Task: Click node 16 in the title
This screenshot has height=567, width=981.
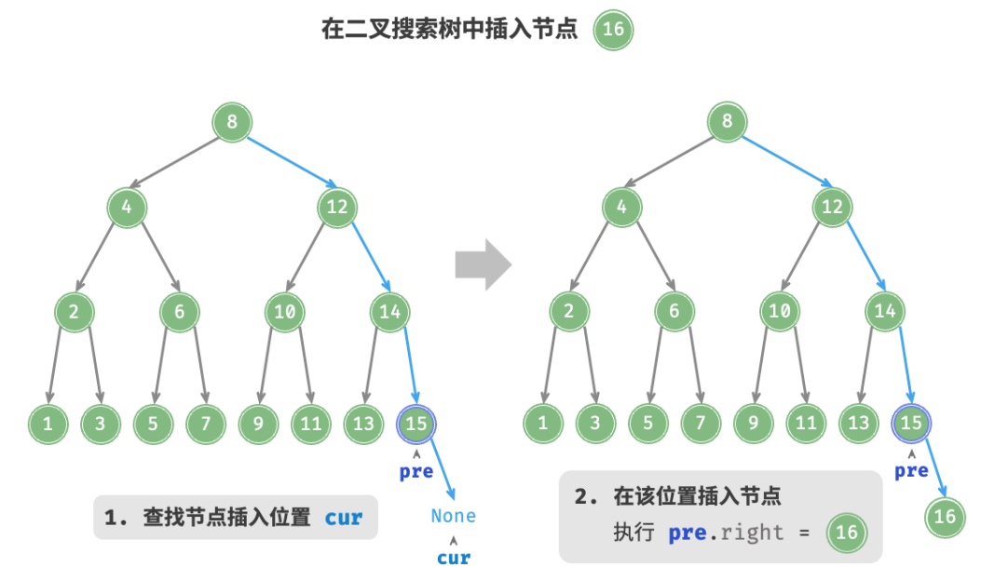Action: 613,30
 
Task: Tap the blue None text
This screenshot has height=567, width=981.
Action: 453,516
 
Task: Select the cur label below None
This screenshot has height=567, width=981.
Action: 454,558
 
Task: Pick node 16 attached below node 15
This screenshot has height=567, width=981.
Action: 945,516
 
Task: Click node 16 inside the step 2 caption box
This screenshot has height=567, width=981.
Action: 846,533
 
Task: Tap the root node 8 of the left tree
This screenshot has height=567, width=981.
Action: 231,122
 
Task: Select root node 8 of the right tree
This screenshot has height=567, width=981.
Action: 727,122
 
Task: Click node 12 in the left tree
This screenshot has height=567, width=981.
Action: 336,207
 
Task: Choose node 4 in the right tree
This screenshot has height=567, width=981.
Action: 621,207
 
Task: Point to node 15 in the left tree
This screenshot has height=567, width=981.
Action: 416,424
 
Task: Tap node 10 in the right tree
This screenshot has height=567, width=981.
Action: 779,312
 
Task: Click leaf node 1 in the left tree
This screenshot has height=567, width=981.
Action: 46,424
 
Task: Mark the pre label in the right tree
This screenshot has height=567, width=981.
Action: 911,471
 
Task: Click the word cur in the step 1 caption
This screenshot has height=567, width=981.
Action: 344,518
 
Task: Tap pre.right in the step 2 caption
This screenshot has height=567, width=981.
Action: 728,533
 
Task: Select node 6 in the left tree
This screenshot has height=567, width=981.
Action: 179,312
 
